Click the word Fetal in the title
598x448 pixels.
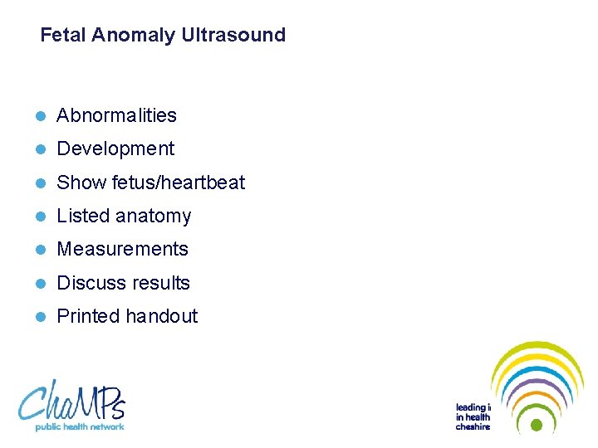[64, 35]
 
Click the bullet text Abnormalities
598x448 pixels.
[116, 115]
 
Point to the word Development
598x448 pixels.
[115, 149]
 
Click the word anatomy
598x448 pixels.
[154, 217]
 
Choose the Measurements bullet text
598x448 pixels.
[122, 249]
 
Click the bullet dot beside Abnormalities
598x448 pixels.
[41, 116]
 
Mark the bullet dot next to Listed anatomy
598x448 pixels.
[41, 217]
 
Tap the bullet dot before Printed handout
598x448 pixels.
[41, 317]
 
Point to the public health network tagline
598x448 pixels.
[80, 426]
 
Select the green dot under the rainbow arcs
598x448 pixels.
[537, 426]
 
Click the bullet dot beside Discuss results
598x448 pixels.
[41, 284]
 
